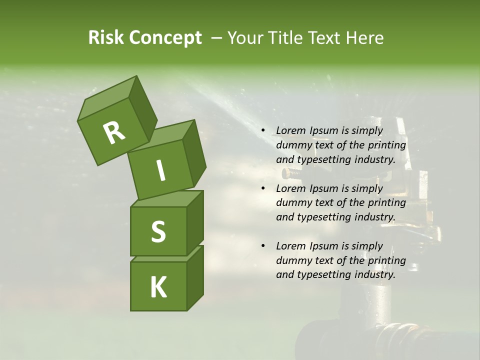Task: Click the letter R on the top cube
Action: [x=114, y=132]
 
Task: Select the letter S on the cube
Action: [x=158, y=231]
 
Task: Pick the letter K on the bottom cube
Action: [x=158, y=287]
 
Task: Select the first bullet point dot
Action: [x=263, y=131]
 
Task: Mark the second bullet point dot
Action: [x=263, y=188]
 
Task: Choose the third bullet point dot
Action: [x=263, y=246]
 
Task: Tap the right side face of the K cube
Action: [x=195, y=277]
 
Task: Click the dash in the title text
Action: [x=217, y=38]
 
